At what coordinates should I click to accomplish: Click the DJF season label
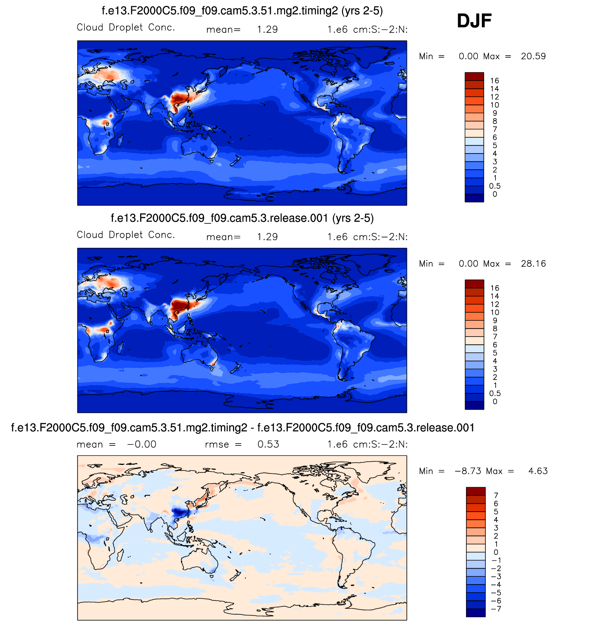[x=474, y=21]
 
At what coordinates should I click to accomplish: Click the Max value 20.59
[x=533, y=56]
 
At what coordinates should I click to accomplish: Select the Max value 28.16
[x=533, y=264]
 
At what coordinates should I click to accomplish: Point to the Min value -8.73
[x=468, y=471]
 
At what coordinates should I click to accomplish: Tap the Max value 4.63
[x=538, y=471]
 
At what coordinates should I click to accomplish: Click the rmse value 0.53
[x=268, y=444]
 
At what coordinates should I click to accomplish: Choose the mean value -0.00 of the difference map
[x=142, y=444]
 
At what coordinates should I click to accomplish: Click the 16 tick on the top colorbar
[x=494, y=81]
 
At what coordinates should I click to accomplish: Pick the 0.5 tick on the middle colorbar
[x=494, y=393]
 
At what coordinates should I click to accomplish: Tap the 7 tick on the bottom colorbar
[x=496, y=495]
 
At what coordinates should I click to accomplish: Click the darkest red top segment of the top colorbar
[x=474, y=77]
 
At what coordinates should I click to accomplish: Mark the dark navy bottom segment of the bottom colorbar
[x=475, y=613]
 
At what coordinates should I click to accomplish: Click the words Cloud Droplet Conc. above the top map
[x=126, y=28]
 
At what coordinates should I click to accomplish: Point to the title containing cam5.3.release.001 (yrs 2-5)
[x=242, y=218]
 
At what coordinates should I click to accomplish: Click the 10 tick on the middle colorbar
[x=494, y=312]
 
